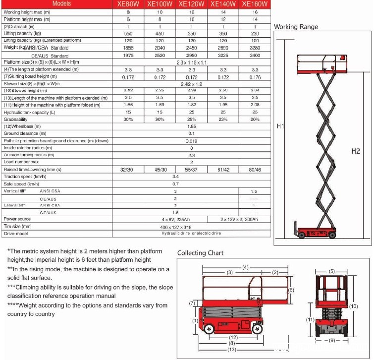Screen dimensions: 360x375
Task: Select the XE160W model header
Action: tap(255, 3)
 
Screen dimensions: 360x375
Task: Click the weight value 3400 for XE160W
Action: tap(255, 56)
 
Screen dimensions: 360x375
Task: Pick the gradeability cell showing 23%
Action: tap(223, 120)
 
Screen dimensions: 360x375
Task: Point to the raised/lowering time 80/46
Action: tap(255, 170)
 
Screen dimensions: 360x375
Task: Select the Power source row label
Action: tap(17, 219)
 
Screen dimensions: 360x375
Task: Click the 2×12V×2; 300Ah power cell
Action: tap(238, 219)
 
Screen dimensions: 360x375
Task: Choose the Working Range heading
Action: tap(296, 27)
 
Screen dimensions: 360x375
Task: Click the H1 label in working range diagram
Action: tap(280, 126)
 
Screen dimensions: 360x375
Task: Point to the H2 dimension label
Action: tap(355, 151)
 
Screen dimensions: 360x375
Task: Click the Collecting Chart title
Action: tap(201, 253)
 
